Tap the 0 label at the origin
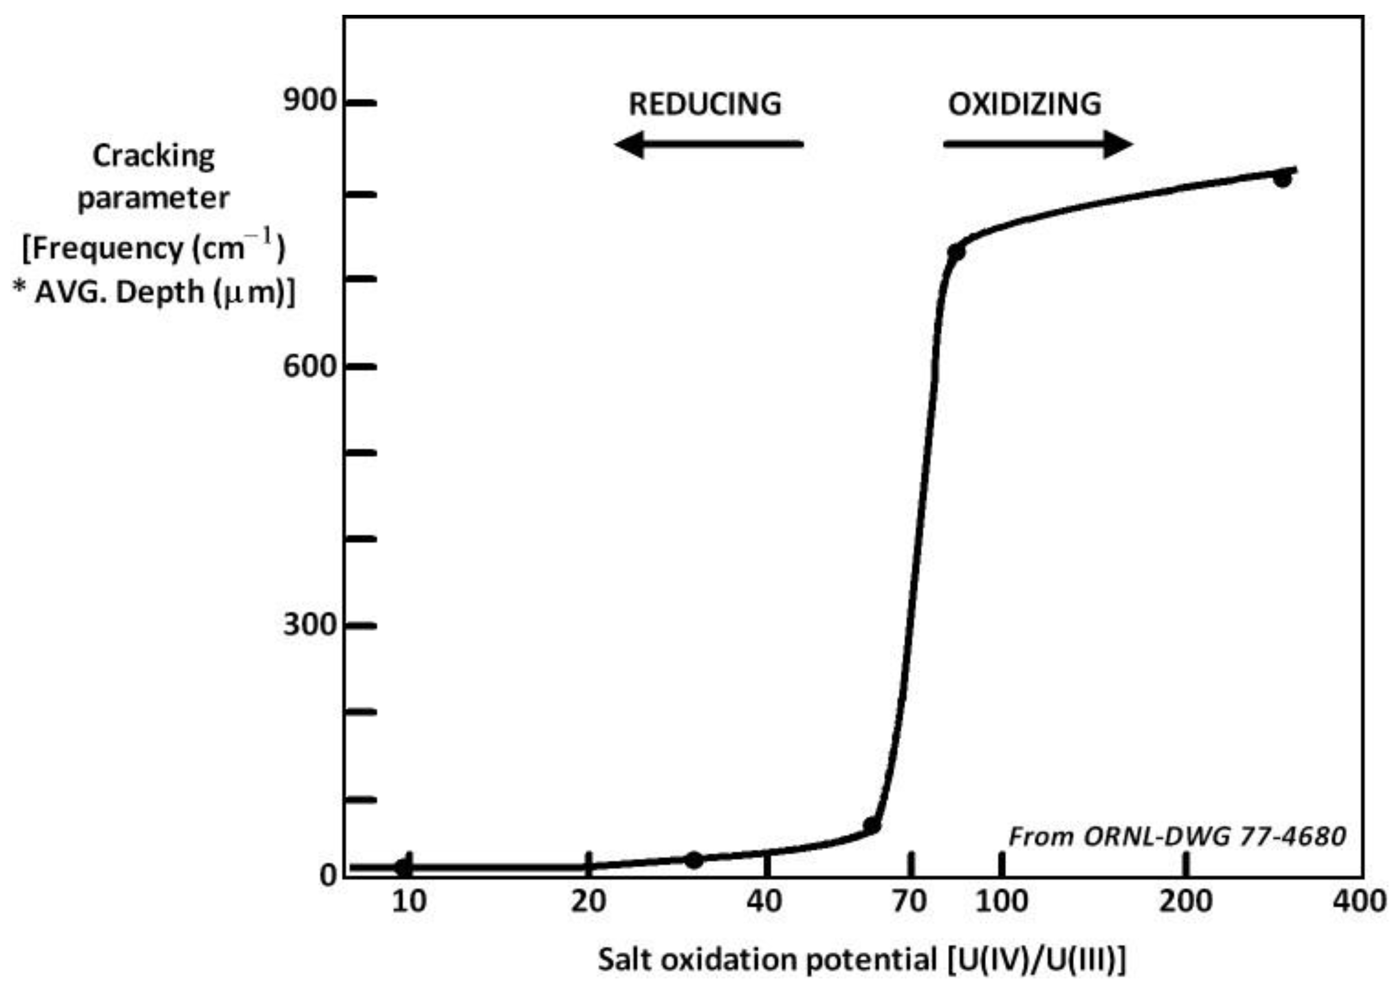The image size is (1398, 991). coord(328,876)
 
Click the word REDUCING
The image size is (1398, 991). coord(705,104)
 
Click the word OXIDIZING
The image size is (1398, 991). coord(1025,104)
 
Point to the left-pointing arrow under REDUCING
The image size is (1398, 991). coord(708,145)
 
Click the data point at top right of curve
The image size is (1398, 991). coord(1282,179)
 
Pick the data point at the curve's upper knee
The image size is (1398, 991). coord(956,251)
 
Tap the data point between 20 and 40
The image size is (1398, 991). coord(693,861)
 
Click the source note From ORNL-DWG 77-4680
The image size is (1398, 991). coord(1177,837)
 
